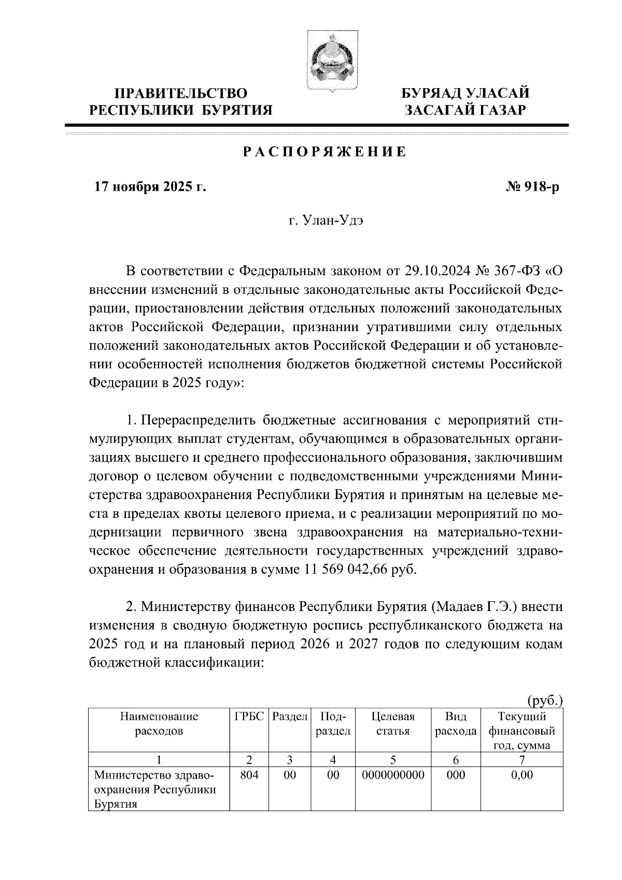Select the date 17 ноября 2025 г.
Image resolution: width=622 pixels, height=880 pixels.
pyautogui.click(x=150, y=187)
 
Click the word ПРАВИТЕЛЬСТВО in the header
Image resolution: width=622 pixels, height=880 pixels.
pyautogui.click(x=181, y=94)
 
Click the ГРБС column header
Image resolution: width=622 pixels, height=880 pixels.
pyautogui.click(x=249, y=717)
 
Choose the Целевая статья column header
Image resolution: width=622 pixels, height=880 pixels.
pyautogui.click(x=393, y=724)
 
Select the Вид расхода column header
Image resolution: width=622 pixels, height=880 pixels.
pyautogui.click(x=456, y=724)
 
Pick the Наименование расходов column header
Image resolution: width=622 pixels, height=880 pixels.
pyautogui.click(x=159, y=724)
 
